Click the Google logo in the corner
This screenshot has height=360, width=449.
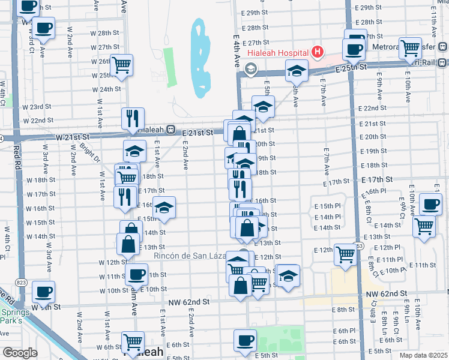tap(20, 353)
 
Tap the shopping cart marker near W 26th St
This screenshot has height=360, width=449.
tap(122, 64)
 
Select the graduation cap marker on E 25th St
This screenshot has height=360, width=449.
tap(295, 71)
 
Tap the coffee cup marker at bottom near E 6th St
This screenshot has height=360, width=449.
tap(244, 340)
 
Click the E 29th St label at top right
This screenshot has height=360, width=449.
tap(376, 8)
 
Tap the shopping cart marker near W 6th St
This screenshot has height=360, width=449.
tap(133, 342)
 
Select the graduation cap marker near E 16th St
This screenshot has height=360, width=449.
tap(164, 207)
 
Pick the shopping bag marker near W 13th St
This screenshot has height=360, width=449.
tap(128, 244)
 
